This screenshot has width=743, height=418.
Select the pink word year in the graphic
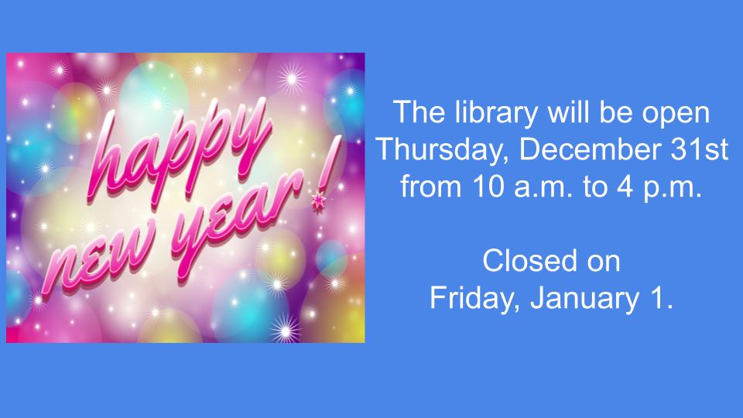pos(237,218)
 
